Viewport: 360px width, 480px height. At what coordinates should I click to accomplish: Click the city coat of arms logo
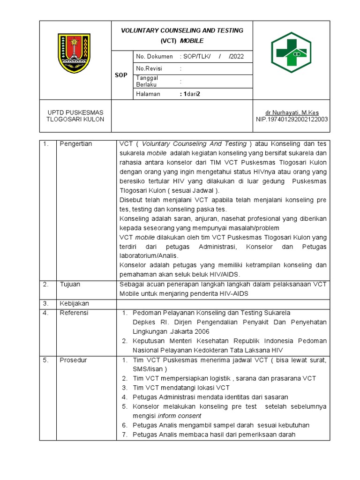(x=75, y=53)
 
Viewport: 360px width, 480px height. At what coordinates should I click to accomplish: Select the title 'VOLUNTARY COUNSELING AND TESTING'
(x=182, y=30)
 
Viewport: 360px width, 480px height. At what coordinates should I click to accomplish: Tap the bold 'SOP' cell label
(x=121, y=75)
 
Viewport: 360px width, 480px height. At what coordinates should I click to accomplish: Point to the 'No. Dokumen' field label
(x=154, y=57)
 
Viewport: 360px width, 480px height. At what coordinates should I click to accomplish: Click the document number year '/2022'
(x=236, y=57)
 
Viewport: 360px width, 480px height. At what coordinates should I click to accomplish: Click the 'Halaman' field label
(x=148, y=94)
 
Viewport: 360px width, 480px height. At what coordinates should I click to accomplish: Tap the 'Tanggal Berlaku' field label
(x=147, y=81)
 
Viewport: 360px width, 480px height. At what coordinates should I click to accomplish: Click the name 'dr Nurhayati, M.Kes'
(x=292, y=112)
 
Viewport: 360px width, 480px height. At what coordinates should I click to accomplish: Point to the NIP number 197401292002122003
(x=292, y=120)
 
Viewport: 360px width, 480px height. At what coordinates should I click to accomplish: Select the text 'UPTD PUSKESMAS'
(x=75, y=112)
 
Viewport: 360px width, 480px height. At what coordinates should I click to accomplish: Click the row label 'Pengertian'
(x=76, y=144)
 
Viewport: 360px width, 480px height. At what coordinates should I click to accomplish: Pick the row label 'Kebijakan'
(x=74, y=303)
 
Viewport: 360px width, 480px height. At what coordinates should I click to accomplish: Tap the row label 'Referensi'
(x=74, y=313)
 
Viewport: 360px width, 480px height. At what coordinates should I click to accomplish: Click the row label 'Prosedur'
(x=73, y=360)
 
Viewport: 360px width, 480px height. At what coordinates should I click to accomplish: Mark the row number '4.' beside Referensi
(x=46, y=313)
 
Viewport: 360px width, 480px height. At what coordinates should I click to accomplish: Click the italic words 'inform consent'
(x=180, y=416)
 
